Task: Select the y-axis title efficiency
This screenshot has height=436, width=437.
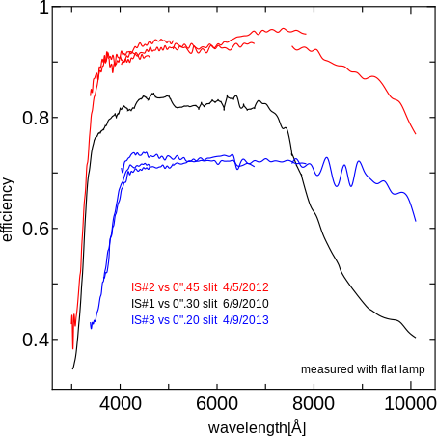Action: pos(9,208)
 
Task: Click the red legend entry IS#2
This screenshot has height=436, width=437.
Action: pos(143,286)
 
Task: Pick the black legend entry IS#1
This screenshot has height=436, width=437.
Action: pos(143,303)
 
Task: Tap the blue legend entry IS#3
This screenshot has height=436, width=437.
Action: pos(143,319)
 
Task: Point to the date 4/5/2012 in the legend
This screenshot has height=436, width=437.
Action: pos(245,286)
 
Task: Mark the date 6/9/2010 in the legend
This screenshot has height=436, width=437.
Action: pos(245,303)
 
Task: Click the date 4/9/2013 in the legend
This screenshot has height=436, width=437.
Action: pos(245,319)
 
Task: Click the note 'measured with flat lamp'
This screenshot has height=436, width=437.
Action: pos(362,369)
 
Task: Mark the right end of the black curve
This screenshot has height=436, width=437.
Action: pos(416,338)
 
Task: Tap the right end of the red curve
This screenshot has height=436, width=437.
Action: pos(416,134)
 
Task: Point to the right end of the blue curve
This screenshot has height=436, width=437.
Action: pos(416,221)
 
